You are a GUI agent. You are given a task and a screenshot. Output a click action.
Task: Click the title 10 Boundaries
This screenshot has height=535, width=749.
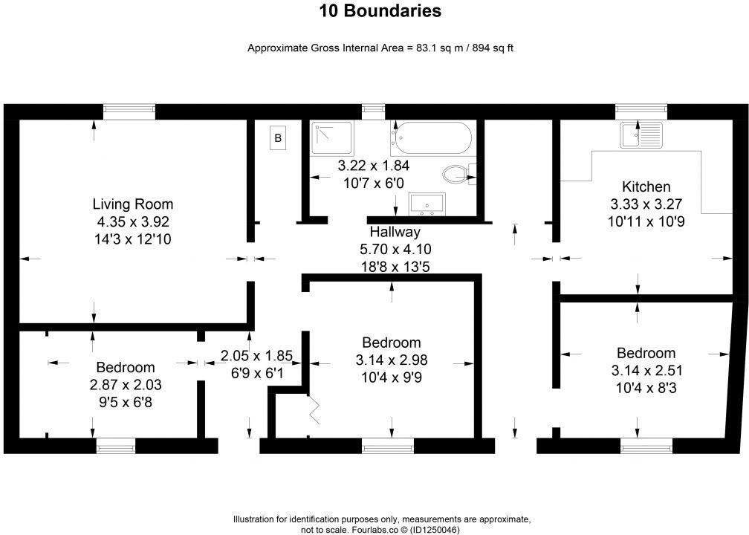380,11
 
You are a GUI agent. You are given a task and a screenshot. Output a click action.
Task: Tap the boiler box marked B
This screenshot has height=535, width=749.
278,137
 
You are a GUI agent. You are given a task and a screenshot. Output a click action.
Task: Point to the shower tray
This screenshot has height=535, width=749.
332,138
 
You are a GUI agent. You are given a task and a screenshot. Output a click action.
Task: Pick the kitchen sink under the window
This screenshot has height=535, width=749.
641,135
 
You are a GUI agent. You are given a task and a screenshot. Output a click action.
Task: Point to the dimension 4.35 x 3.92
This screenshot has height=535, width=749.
132,221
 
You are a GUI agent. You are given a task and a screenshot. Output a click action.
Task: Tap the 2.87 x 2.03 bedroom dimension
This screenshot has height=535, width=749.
125,385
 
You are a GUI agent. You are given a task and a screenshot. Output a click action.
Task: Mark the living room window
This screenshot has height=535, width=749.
129,111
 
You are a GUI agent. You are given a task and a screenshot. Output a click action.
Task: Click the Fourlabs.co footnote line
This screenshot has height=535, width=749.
381,530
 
